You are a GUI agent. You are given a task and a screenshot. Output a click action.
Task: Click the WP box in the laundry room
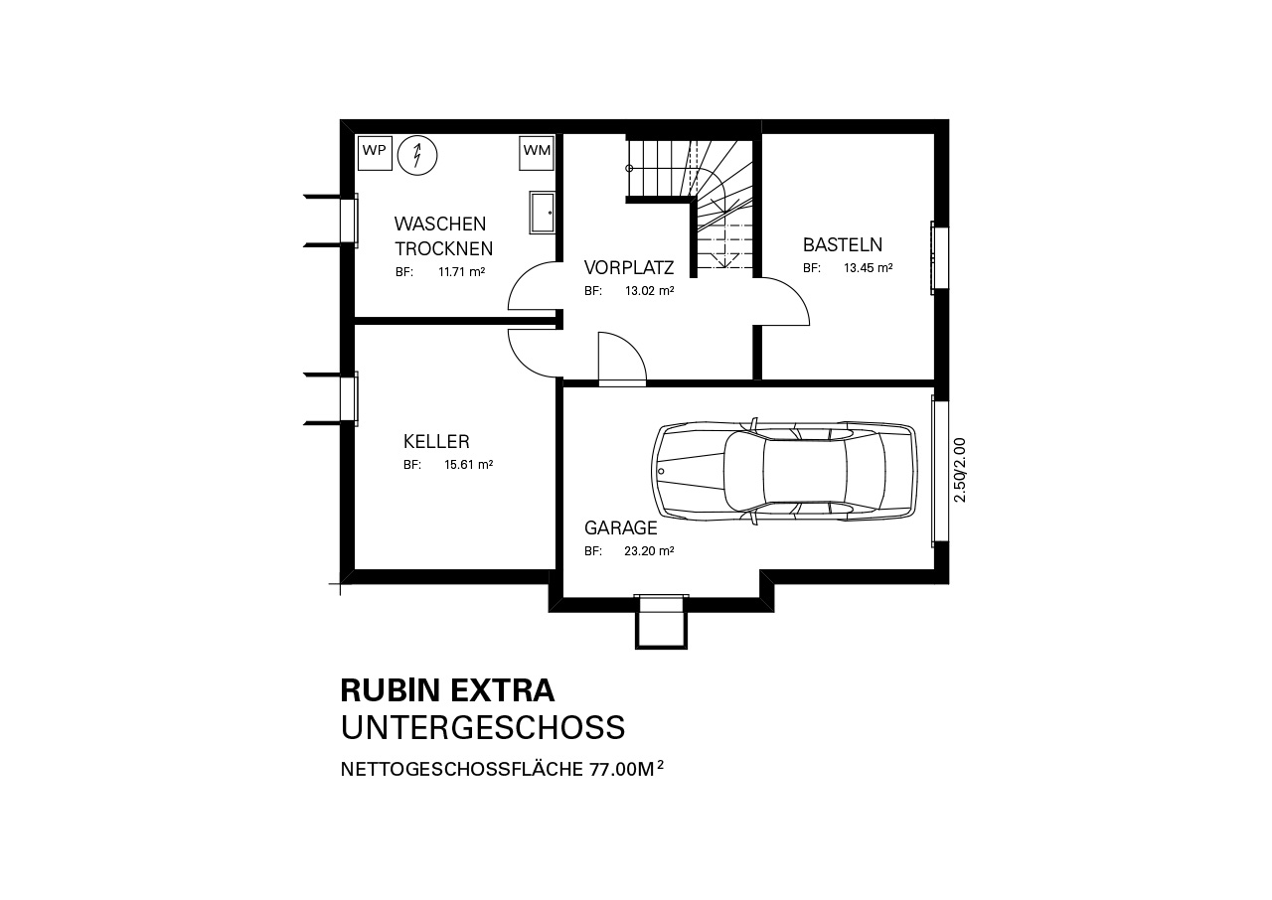click(x=375, y=152)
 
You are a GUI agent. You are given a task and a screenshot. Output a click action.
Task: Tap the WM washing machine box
click(x=536, y=152)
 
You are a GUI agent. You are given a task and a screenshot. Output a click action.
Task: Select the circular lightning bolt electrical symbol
click(x=417, y=155)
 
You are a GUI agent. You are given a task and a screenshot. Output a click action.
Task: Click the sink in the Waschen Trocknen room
click(x=542, y=213)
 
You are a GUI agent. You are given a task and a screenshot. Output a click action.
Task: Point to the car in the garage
click(x=784, y=472)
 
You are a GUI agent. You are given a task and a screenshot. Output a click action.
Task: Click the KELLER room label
click(x=436, y=441)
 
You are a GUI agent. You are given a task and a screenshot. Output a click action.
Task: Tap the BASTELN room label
click(x=843, y=245)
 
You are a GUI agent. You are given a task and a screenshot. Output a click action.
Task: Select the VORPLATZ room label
click(x=629, y=267)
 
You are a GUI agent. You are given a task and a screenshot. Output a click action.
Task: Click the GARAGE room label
click(x=621, y=528)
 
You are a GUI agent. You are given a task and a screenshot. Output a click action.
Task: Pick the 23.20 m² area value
click(x=649, y=551)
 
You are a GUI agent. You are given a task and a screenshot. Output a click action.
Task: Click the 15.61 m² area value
click(x=468, y=465)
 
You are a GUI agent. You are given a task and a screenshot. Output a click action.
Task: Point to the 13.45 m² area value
click(x=869, y=268)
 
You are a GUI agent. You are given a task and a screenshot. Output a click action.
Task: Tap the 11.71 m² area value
click(x=462, y=272)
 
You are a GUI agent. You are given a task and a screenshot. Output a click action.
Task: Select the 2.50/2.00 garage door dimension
click(x=960, y=470)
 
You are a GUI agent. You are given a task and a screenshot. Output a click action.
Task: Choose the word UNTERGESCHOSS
click(x=483, y=727)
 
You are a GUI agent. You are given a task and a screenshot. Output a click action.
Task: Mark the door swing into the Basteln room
click(x=785, y=301)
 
